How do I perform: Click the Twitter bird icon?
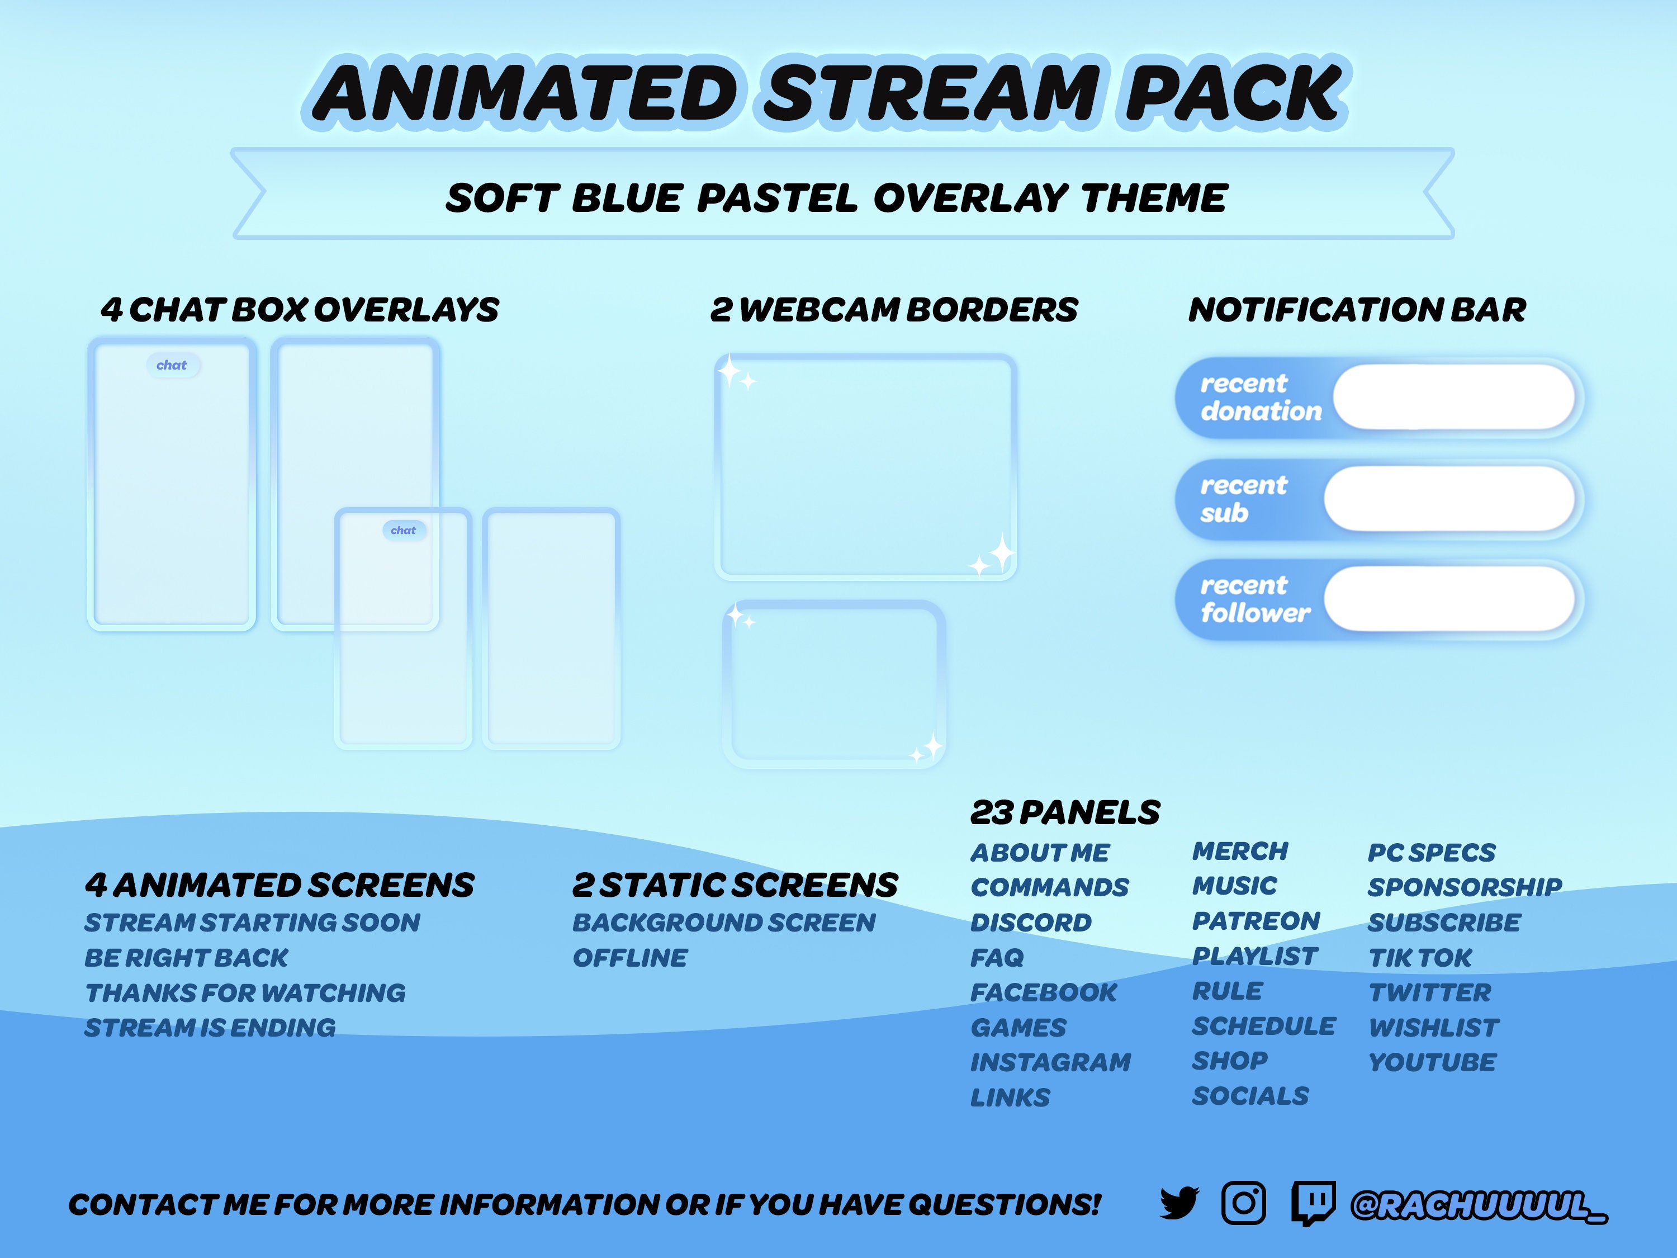tap(1179, 1203)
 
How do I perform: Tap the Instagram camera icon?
tap(1243, 1203)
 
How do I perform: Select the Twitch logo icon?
tap(1313, 1203)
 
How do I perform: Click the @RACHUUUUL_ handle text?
tap(1479, 1205)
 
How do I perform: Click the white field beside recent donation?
tap(1453, 396)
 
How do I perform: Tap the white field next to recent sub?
tap(1449, 498)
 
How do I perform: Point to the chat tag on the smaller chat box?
tap(404, 530)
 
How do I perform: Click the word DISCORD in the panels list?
tap(1031, 923)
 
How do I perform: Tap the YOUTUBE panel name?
tap(1432, 1062)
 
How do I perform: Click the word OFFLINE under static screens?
tap(630, 958)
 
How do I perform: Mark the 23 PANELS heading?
tap(1065, 813)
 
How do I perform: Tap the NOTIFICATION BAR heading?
tap(1357, 309)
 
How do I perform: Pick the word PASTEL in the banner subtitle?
tap(776, 198)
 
